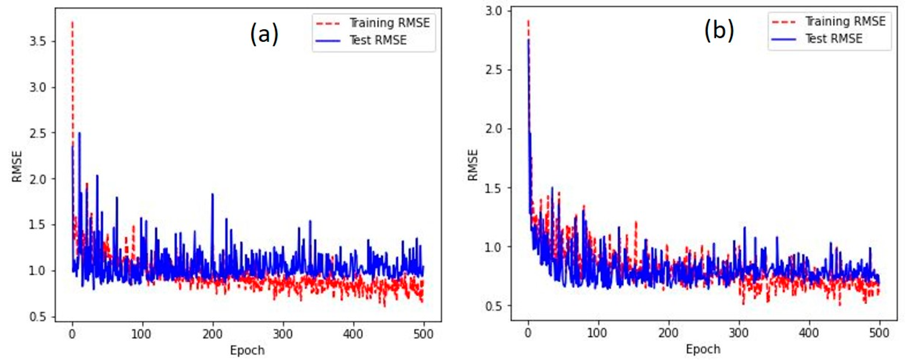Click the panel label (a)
[264, 34]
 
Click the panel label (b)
[719, 30]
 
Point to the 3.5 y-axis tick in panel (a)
[38, 42]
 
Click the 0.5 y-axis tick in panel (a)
[38, 317]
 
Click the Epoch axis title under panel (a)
[247, 351]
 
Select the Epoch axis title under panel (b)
[703, 349]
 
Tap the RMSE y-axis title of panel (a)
[17, 166]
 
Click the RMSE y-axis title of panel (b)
[473, 165]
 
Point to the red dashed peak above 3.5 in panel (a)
[73, 22]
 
